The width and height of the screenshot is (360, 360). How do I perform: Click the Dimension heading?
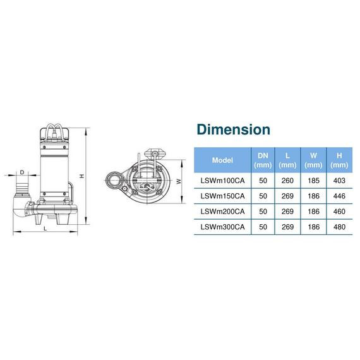(233, 129)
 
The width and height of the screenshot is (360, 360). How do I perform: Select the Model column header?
(222, 160)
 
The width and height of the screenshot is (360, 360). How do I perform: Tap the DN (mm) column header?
(263, 160)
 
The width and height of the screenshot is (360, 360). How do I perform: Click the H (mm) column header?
(339, 160)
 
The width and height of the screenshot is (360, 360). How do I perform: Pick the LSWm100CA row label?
(222, 181)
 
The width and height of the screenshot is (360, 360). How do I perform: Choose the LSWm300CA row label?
(222, 227)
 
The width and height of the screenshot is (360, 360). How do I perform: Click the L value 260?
(287, 181)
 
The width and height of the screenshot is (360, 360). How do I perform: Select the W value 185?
(313, 181)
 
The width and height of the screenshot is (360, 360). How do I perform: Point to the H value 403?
(339, 181)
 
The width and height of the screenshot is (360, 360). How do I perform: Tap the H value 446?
(339, 196)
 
